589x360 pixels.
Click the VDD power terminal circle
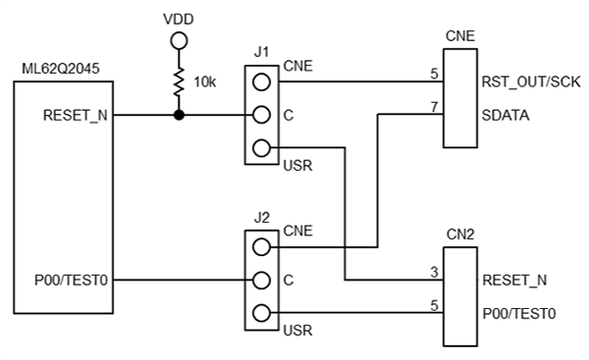tap(179, 41)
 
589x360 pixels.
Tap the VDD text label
tap(179, 19)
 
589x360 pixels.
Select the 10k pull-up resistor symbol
tap(179, 82)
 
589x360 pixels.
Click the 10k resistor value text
tap(205, 82)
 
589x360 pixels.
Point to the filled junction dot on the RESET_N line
tap(179, 116)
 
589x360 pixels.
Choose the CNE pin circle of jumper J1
tap(261, 82)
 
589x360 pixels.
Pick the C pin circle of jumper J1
tap(261, 116)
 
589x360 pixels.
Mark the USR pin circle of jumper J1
tap(261, 149)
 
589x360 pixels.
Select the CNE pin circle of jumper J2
tap(261, 248)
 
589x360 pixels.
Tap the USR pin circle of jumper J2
tap(261, 314)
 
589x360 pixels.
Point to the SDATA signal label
tap(506, 115)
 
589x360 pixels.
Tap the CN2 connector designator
tap(459, 234)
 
